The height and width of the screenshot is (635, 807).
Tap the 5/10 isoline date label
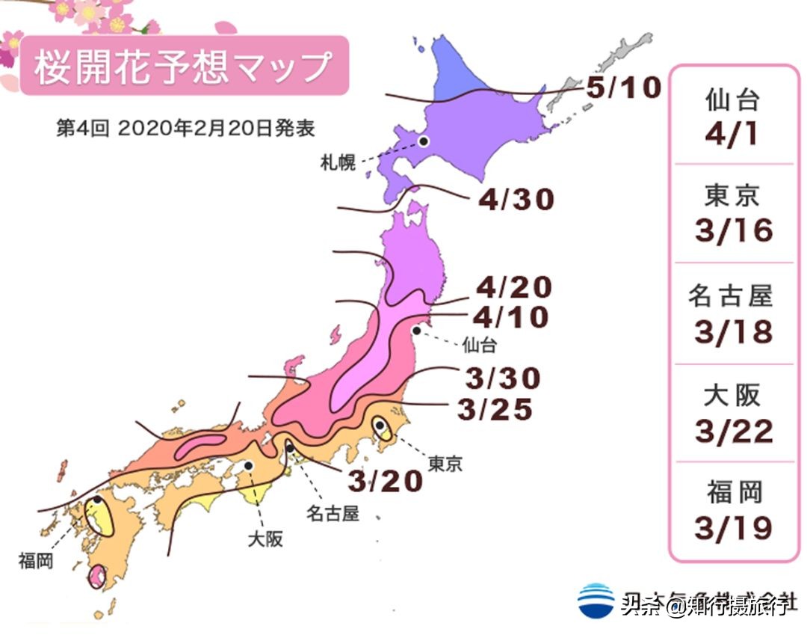[x=623, y=88]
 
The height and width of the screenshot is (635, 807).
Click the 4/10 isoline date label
[x=510, y=317]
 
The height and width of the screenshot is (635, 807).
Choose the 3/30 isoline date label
[x=502, y=378]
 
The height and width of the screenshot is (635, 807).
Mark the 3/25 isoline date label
[x=495, y=409]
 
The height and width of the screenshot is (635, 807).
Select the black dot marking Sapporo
[x=423, y=140]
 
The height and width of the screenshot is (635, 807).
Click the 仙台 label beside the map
[x=479, y=345]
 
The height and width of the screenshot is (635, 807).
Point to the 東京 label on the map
[x=445, y=464]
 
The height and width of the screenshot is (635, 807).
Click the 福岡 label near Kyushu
[x=36, y=560]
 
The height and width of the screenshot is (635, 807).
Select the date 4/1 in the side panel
[x=733, y=133]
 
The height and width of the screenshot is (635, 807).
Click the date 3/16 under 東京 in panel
[x=733, y=231]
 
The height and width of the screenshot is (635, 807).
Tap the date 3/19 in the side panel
[x=733, y=529]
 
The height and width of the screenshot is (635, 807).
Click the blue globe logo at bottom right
[x=596, y=601]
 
